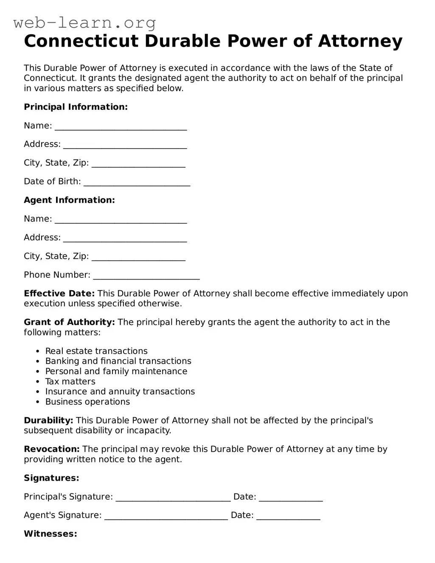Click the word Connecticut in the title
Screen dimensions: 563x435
[x=81, y=41]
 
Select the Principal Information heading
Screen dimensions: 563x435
[x=76, y=107]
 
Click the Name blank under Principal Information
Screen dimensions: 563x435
[x=121, y=126]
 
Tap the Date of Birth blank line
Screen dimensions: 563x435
[x=137, y=182]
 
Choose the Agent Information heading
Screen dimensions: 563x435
[x=69, y=200]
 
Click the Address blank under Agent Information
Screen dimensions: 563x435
[x=125, y=238]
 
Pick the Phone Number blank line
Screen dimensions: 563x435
[x=146, y=276]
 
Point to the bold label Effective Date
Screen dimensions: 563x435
[x=59, y=293]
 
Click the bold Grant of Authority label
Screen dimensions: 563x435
[x=69, y=322]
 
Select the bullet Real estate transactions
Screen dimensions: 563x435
[x=96, y=351]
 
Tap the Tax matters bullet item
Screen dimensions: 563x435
[x=70, y=381]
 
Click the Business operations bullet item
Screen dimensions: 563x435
[x=87, y=402]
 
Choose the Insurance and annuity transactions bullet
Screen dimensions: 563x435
[x=120, y=392]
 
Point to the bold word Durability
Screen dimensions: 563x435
[x=48, y=420]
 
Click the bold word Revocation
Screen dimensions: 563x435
[x=52, y=449]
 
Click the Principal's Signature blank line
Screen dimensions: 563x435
[x=173, y=498]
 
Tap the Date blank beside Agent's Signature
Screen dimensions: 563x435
[x=288, y=516]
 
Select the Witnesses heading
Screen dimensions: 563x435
[x=51, y=534]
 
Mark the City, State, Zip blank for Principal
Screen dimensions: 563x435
[x=138, y=164]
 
